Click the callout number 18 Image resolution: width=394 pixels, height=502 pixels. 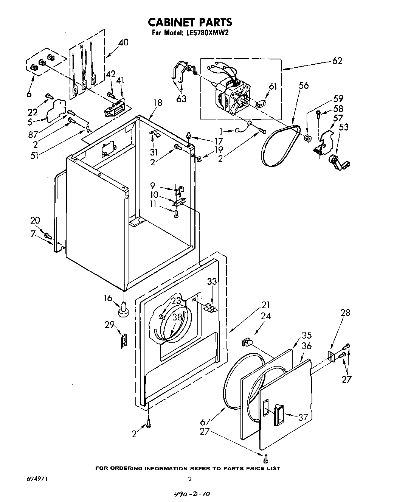pos(158,103)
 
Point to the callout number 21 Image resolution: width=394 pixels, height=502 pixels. pos(266,305)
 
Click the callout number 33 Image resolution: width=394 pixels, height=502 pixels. pos(212,281)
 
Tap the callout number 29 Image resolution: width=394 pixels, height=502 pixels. pos(110,325)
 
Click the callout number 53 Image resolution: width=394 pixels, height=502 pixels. pos(344,127)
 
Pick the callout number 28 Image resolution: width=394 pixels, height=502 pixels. pos(345,313)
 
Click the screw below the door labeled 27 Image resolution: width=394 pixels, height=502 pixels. pos(266,458)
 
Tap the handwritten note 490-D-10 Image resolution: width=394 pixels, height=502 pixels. pos(191,494)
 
